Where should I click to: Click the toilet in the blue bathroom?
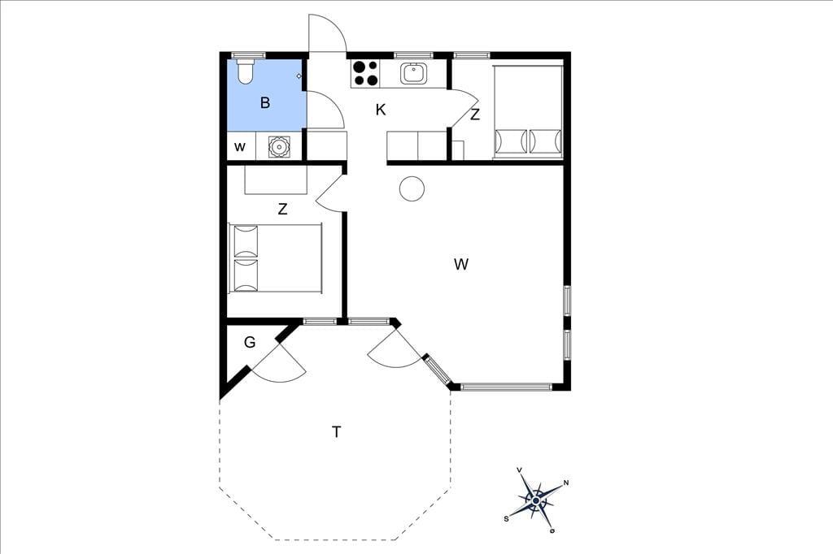(x=245, y=72)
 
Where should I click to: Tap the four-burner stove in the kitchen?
(x=365, y=74)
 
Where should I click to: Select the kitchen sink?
(x=413, y=73)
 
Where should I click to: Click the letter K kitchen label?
(x=381, y=110)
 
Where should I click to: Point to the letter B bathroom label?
(x=265, y=102)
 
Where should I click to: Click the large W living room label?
(x=461, y=264)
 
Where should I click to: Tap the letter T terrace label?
(x=336, y=432)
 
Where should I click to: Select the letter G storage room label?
(x=250, y=342)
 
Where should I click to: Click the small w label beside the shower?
(x=240, y=147)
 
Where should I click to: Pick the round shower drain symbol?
(x=279, y=146)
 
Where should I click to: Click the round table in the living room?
(x=412, y=188)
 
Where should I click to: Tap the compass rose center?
(x=536, y=500)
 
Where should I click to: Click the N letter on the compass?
(x=566, y=483)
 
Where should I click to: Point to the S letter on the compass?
(x=506, y=518)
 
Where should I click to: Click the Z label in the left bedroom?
(x=282, y=209)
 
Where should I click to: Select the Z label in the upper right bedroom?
(x=475, y=114)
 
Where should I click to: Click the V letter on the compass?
(x=519, y=470)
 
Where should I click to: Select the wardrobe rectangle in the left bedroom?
(x=276, y=180)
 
